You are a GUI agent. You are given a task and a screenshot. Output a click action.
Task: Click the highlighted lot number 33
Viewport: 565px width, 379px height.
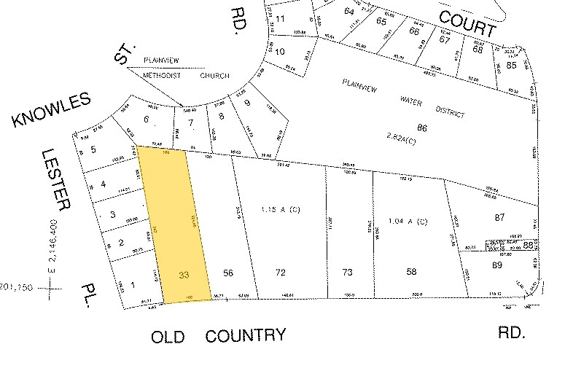184,275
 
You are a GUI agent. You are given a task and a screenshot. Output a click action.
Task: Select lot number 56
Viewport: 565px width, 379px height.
228,273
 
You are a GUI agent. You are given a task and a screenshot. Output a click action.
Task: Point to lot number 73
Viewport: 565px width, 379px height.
348,272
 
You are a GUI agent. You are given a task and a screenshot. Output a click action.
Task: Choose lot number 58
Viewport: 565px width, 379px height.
412,272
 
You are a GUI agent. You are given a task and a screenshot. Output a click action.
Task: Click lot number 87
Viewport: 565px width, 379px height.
499,217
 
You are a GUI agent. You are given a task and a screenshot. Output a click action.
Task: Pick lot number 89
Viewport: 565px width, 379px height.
499,266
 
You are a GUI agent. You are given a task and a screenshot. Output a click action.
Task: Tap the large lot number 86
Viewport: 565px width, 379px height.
421,128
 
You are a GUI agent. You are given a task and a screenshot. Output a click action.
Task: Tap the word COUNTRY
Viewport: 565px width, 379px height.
245,335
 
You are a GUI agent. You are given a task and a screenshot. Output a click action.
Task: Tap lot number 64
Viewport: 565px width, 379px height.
348,11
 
